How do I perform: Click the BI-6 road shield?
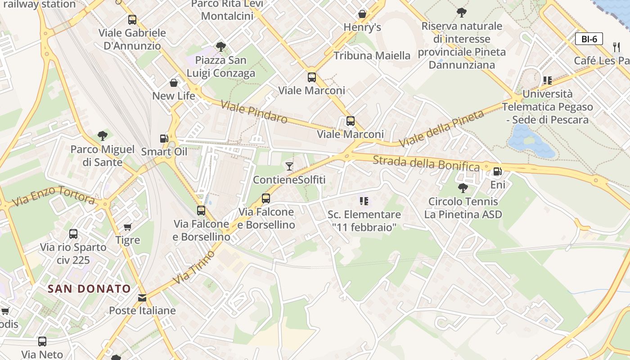(589, 39)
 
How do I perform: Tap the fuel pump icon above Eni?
(497, 171)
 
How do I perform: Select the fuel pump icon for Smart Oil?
(164, 139)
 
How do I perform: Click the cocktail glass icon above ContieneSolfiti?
(289, 166)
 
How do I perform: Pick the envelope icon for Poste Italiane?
(142, 297)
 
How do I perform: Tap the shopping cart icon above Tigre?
(128, 227)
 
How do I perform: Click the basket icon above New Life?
(174, 83)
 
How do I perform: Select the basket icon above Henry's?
(362, 14)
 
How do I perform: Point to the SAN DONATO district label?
(89, 289)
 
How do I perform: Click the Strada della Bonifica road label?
(426, 163)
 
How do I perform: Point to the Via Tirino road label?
(194, 267)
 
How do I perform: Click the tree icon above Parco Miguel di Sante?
(103, 135)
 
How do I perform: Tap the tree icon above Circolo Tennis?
(463, 188)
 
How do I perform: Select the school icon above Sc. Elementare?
(364, 201)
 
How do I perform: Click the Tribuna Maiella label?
(372, 56)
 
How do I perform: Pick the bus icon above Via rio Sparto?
(73, 234)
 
